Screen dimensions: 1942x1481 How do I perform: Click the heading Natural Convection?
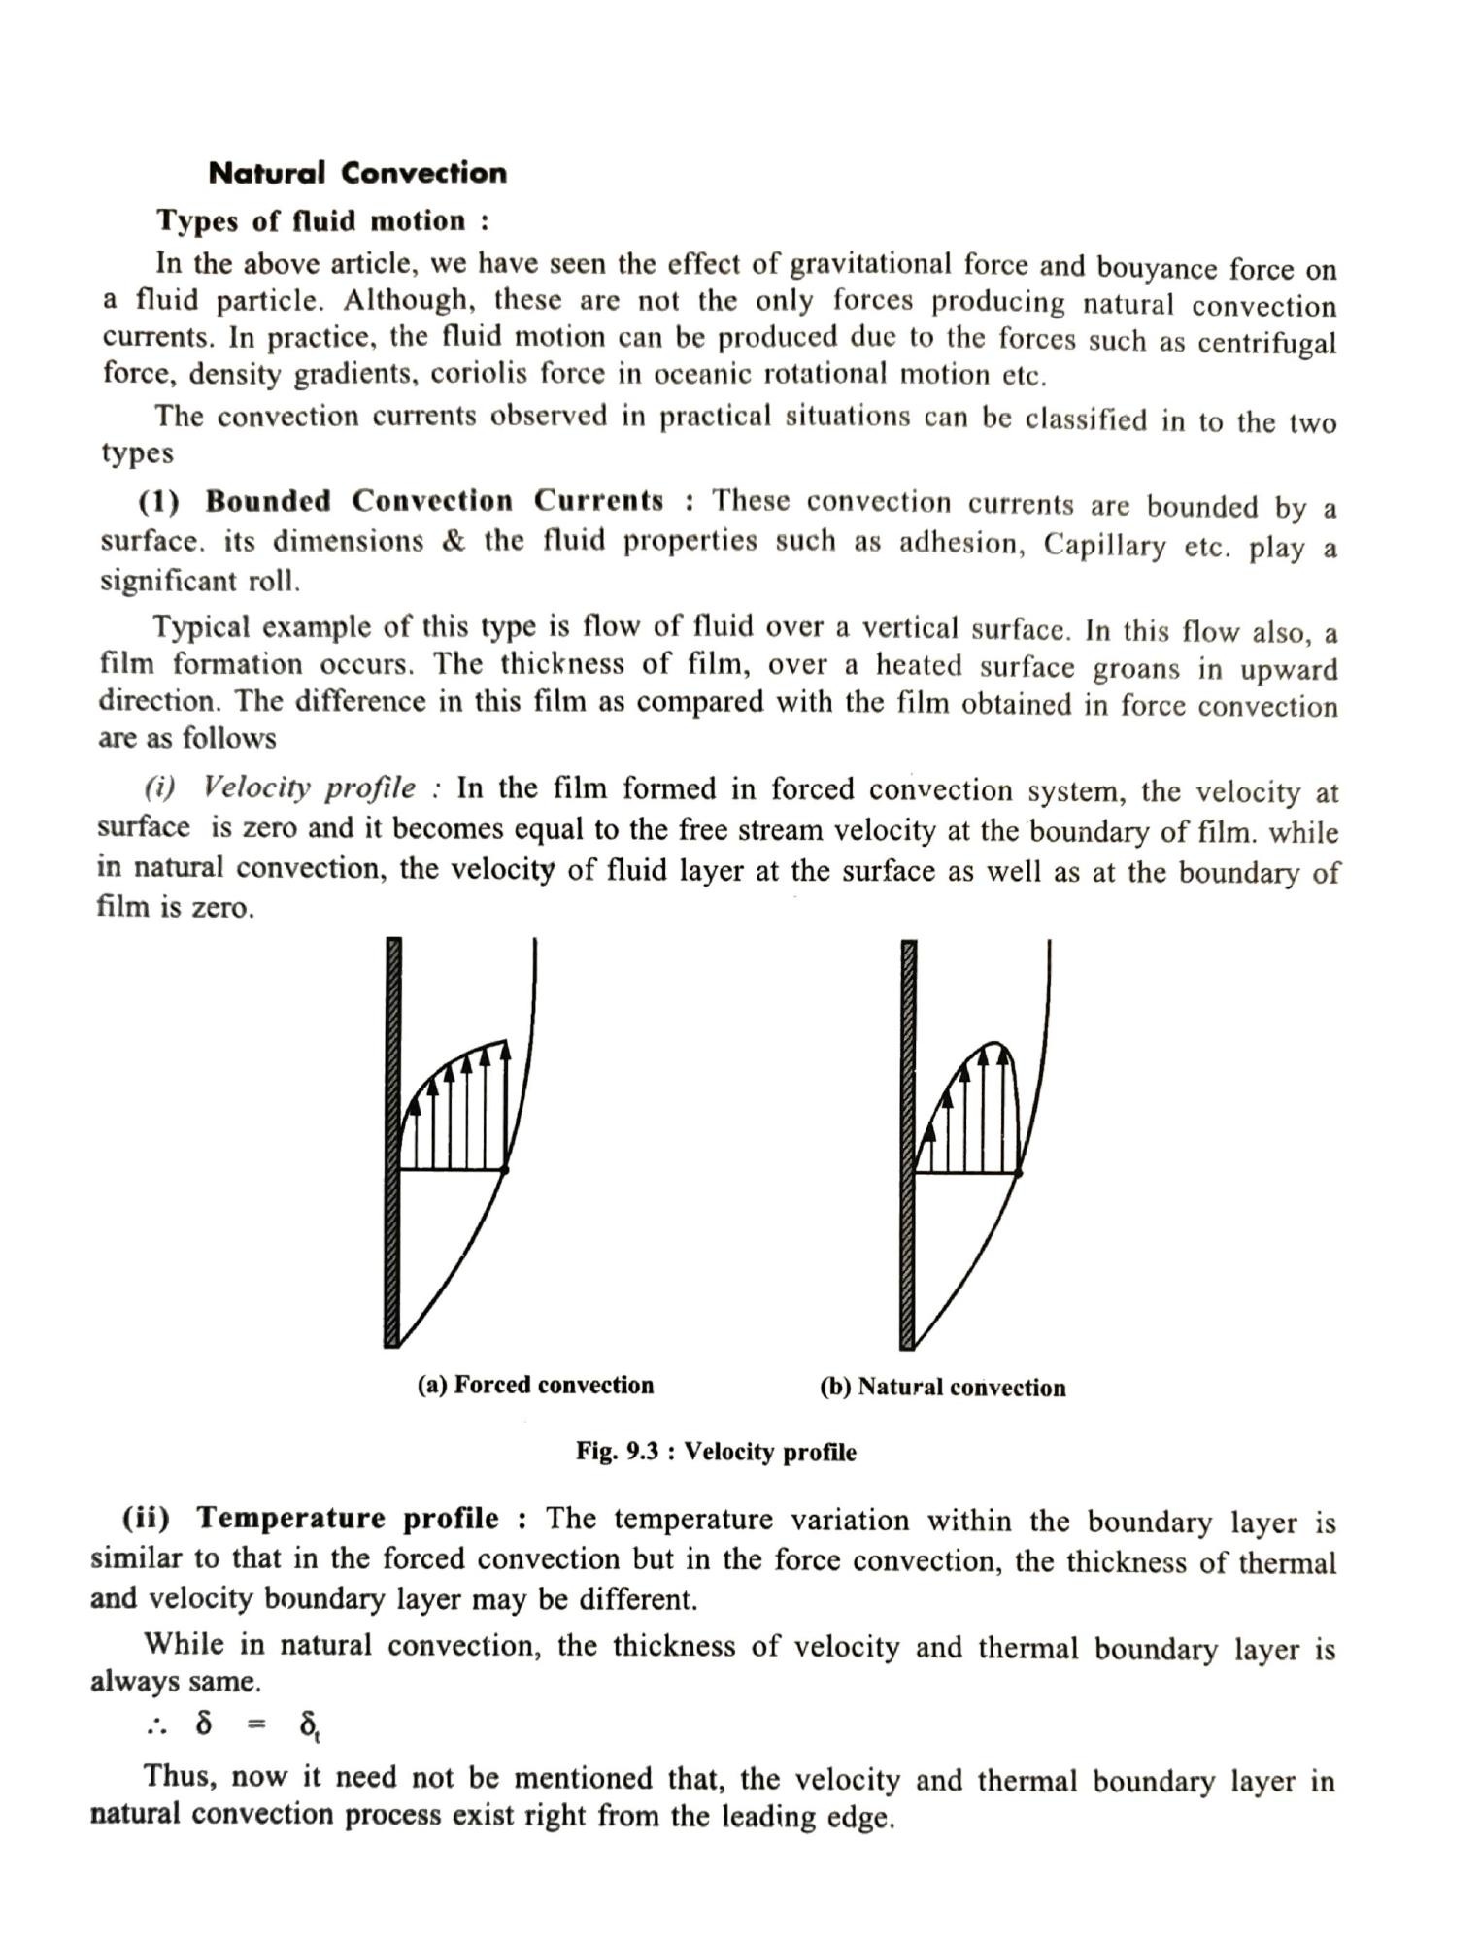point(357,173)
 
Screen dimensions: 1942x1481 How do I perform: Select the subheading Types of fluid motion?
point(322,221)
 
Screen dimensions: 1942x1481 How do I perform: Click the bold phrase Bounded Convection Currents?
point(435,502)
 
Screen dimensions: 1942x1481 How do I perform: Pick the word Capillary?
point(1104,545)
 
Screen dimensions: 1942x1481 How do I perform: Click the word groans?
point(1137,669)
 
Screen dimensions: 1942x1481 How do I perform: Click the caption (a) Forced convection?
point(535,1385)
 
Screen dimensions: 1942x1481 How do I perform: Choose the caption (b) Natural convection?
point(942,1388)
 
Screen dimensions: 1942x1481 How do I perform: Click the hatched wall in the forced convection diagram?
point(393,1146)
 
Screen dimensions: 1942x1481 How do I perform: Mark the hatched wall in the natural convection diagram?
point(908,1146)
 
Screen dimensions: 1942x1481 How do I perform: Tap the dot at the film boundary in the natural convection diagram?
point(1018,1173)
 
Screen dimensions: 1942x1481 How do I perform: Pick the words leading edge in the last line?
point(805,1817)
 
